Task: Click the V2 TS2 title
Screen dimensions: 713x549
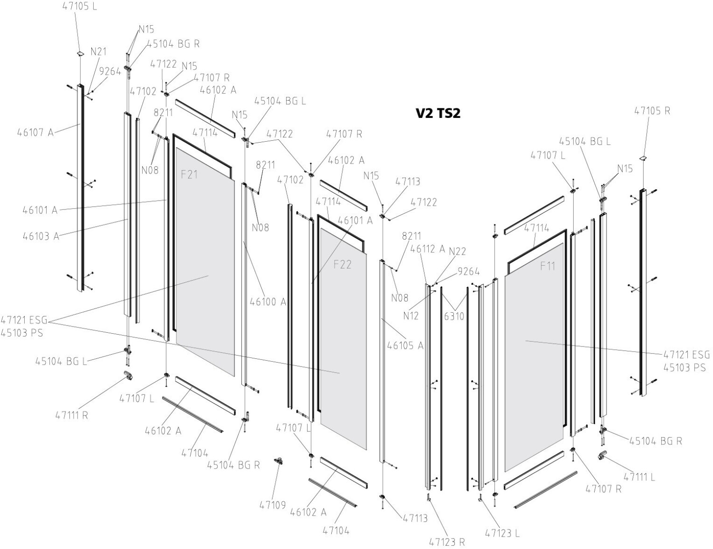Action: coord(438,113)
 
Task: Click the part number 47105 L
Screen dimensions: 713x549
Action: coord(80,7)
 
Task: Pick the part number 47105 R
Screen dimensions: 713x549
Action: coord(652,110)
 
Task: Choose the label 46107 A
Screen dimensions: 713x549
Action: coord(36,132)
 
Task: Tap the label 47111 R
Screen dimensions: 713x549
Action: coord(72,414)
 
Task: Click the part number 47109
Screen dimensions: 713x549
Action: coord(272,505)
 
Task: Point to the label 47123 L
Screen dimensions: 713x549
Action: coord(502,533)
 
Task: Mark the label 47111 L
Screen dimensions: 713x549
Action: coord(639,477)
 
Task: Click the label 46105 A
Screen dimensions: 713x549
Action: coord(405,346)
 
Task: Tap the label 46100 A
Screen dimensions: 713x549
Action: coord(268,301)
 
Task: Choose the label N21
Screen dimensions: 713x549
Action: coord(98,51)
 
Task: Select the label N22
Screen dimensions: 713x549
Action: coord(457,251)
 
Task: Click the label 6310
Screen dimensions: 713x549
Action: coord(454,316)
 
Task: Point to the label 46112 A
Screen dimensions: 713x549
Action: coord(428,249)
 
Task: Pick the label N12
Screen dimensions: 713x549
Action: coord(411,315)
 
